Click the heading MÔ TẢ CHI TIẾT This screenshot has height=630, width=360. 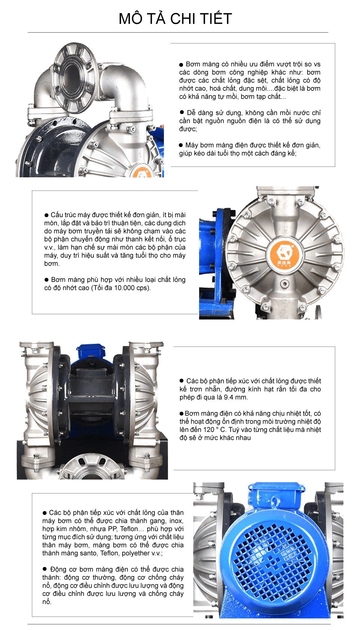[175, 19]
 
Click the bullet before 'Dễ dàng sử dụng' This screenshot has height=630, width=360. [182, 112]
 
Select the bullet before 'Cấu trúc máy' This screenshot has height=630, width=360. [46, 215]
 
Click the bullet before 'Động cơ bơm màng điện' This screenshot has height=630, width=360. [44, 569]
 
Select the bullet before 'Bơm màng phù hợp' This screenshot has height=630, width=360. [46, 280]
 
